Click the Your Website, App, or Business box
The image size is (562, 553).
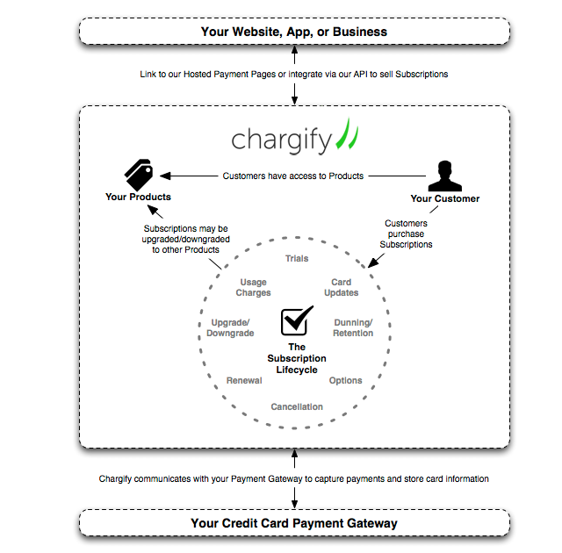tap(294, 32)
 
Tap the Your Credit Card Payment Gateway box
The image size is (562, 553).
tap(294, 523)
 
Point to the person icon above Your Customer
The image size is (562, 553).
tap(445, 174)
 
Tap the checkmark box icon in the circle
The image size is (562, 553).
tap(297, 322)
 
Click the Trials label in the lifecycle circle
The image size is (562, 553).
tap(297, 259)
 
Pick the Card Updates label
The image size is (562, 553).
tap(341, 287)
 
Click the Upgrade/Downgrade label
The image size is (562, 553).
tap(230, 327)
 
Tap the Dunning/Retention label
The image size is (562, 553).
tap(353, 327)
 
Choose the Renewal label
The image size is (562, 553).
tap(244, 380)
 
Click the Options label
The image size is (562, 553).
tap(346, 380)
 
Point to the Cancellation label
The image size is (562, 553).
tap(297, 406)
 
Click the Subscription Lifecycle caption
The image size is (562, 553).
tap(297, 358)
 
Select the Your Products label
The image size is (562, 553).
tap(138, 197)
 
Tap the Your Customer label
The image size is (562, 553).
tap(445, 198)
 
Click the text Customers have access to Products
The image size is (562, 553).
tap(293, 176)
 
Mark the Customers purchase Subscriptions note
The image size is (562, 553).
tap(406, 233)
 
